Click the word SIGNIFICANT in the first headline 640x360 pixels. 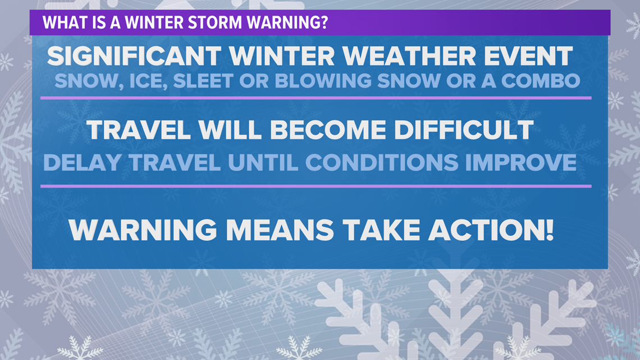coord(134,56)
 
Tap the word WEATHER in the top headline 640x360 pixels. coord(409,56)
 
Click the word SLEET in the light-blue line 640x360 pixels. coord(203,81)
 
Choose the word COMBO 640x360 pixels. coord(541,81)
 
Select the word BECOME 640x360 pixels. coord(328,130)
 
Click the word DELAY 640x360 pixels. coord(82,162)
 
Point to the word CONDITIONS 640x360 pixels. coord(382,162)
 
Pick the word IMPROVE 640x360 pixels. coord(521,162)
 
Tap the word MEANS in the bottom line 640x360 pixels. coord(280,230)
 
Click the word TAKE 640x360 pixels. coord(381,230)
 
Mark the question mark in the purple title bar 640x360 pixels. coord(324,22)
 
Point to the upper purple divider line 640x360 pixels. coord(316,98)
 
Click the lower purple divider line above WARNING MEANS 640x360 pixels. coord(316,186)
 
